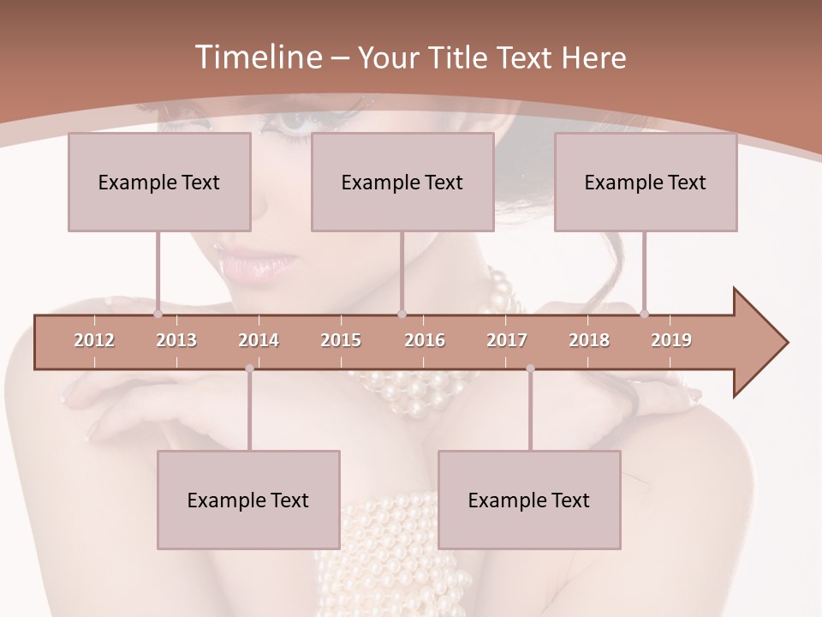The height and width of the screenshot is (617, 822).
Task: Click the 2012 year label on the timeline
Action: [x=94, y=340]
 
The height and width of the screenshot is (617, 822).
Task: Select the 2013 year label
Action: [x=176, y=340]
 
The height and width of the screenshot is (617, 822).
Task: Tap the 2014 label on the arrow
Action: [x=259, y=340]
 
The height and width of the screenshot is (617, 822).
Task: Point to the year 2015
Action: [x=341, y=340]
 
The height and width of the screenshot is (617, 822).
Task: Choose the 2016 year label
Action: [x=425, y=340]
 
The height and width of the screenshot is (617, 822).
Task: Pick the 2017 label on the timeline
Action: [x=507, y=340]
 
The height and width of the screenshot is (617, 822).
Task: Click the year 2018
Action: [x=589, y=340]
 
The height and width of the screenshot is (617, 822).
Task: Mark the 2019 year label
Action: [x=671, y=340]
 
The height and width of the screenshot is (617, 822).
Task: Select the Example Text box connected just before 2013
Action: [x=159, y=182]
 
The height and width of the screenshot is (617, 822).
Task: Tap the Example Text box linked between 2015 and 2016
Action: [x=402, y=182]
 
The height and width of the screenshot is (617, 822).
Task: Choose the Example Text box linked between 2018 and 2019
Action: [x=646, y=182]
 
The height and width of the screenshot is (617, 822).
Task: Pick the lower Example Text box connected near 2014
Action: [x=248, y=500]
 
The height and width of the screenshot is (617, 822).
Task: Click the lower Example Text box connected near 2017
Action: [x=529, y=500]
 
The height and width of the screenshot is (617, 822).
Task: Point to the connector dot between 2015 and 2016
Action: [x=402, y=314]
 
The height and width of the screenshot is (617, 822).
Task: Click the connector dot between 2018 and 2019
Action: [x=645, y=314]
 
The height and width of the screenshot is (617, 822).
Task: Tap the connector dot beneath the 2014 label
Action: [x=249, y=368]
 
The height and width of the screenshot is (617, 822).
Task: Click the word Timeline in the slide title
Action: [x=257, y=57]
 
